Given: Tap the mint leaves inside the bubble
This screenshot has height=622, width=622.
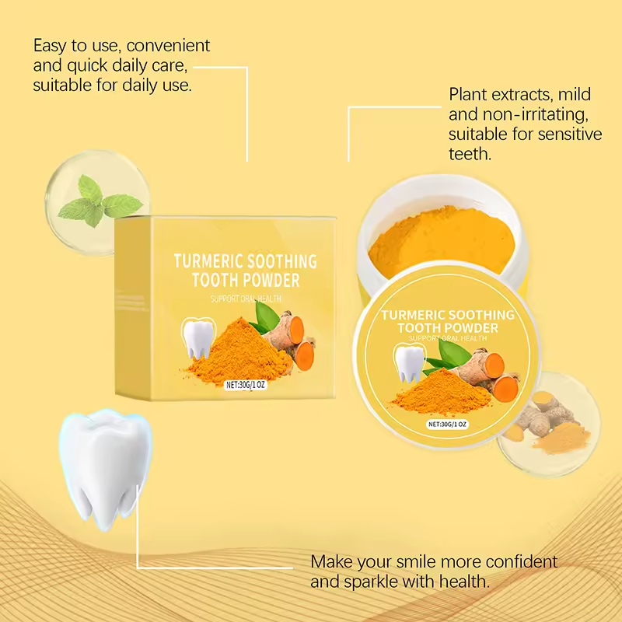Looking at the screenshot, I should click(x=98, y=200).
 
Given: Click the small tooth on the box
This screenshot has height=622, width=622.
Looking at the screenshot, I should click(x=199, y=338).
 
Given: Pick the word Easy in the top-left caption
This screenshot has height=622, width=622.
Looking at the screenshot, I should click(x=50, y=46).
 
